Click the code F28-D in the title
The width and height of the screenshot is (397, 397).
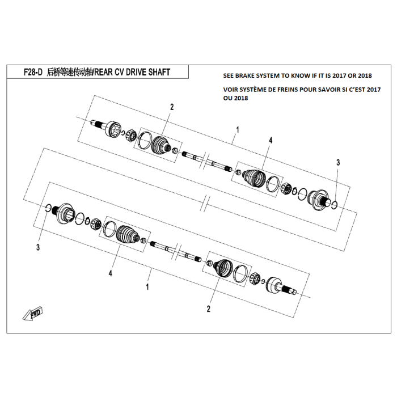[33, 73]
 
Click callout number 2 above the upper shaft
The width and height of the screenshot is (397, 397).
[171, 107]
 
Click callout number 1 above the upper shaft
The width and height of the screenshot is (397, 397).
[237, 130]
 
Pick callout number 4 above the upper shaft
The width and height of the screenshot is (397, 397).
[271, 140]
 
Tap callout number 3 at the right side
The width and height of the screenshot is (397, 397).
[338, 163]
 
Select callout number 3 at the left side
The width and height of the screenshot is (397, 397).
[38, 247]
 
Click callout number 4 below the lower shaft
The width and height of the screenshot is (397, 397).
[111, 273]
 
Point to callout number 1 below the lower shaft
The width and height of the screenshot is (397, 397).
[147, 288]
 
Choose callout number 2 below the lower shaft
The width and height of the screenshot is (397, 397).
[209, 309]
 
